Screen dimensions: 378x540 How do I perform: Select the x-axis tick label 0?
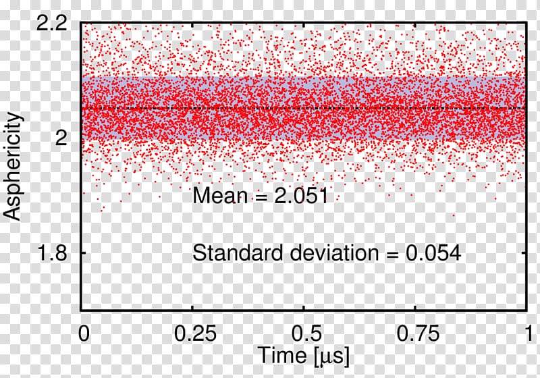point(82,333)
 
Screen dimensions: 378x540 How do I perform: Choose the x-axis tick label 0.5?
point(304,333)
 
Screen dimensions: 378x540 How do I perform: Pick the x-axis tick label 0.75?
point(415,333)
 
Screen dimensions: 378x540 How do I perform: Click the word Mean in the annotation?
point(218,196)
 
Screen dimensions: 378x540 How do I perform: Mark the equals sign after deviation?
point(389,254)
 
